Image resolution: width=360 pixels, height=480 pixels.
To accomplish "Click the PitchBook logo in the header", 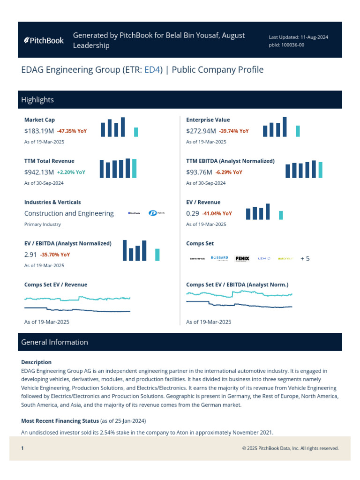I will (x=44, y=40).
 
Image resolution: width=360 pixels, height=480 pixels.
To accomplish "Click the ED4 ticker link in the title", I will (x=153, y=70).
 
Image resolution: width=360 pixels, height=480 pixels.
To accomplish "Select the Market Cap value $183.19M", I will (x=39, y=131).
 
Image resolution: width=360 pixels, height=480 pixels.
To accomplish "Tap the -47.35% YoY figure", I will (x=72, y=131).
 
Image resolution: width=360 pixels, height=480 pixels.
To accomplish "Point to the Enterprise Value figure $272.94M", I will (x=201, y=131).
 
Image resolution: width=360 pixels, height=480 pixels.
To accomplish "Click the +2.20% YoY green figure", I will (x=71, y=172).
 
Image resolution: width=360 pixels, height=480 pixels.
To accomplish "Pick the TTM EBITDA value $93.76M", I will (x=199, y=172).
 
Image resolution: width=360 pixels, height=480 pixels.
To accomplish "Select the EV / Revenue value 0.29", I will (x=192, y=213).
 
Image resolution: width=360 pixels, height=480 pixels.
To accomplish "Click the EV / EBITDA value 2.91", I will (x=30, y=255).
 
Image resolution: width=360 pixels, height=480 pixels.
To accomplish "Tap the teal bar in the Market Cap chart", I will (x=136, y=132).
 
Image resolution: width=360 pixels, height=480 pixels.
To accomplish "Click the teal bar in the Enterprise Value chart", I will (x=298, y=131).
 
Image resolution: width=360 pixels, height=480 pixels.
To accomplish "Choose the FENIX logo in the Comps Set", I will (x=242, y=258).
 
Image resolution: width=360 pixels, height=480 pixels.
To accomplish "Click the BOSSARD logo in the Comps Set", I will (x=219, y=258).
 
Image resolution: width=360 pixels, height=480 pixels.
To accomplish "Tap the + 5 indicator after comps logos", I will (x=305, y=258).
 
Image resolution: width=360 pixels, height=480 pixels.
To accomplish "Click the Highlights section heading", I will (x=37, y=100).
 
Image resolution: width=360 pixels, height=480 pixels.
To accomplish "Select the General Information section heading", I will (x=54, y=342).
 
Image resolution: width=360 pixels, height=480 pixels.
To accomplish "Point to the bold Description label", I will (x=37, y=362).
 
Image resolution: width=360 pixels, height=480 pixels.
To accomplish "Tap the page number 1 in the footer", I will (x=22, y=449).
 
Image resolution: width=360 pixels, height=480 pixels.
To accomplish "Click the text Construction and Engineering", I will (x=69, y=213).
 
